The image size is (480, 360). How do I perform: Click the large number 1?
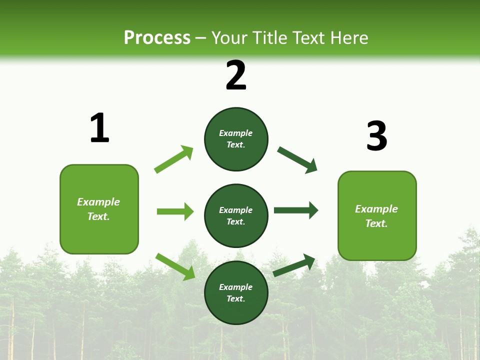pos(99,128)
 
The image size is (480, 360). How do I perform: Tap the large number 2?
pos(236,75)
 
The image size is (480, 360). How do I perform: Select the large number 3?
pos(376,136)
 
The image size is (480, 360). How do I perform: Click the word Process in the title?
pos(157,37)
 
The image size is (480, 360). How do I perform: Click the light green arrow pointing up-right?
pos(174,159)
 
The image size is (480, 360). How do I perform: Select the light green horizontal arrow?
pos(175,211)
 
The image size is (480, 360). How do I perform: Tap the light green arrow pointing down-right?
pos(175,266)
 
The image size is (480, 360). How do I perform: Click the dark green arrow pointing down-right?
pos(297,160)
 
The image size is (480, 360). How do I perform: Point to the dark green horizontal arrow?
pos(296,210)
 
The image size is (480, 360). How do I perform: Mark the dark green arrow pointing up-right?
pos(294,265)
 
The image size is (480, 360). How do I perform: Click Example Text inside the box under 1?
pos(98,209)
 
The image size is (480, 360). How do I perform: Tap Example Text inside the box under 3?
pos(376,216)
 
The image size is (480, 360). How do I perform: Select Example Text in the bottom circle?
pos(236,292)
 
